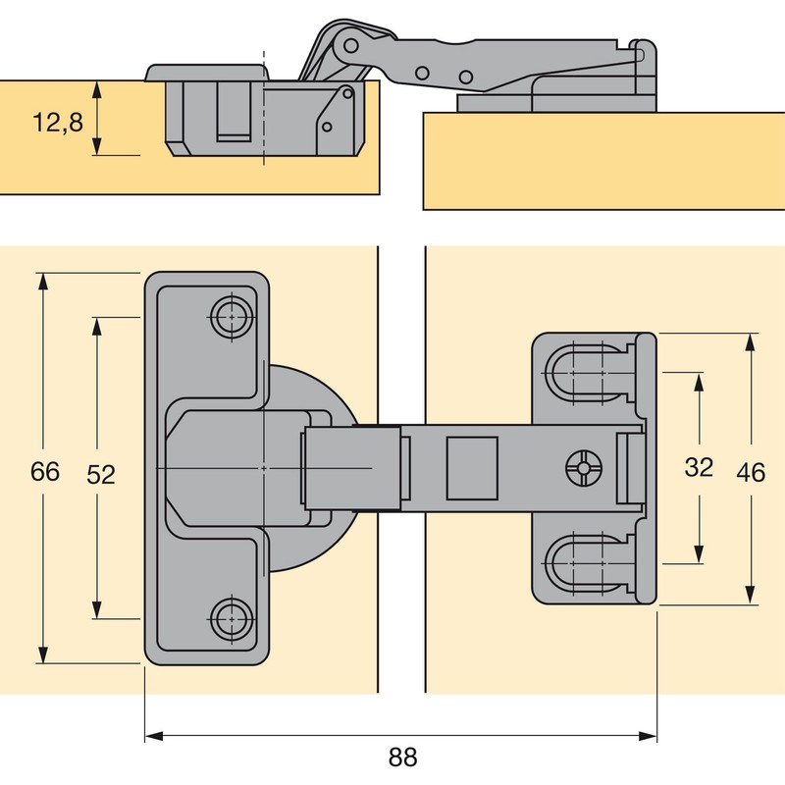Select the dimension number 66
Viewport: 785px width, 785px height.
(x=44, y=472)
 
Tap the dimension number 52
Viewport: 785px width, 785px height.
(x=101, y=474)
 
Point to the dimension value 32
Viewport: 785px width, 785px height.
(x=699, y=468)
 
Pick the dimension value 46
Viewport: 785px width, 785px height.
(x=751, y=472)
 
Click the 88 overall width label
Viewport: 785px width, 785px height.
(x=402, y=758)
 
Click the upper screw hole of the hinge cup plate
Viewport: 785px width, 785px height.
(x=231, y=316)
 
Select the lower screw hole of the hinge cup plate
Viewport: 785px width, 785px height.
(x=231, y=618)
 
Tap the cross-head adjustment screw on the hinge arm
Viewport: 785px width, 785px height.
(x=582, y=469)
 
